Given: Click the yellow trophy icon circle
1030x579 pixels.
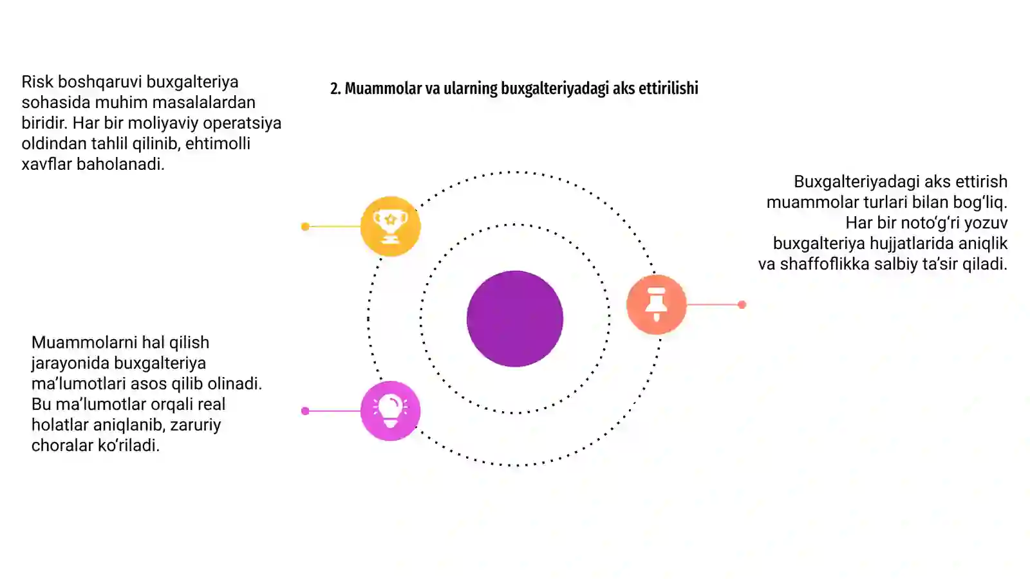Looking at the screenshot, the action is coord(390,226).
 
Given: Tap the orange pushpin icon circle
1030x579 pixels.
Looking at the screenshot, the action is coord(656,304).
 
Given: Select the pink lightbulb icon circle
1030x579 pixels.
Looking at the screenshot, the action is coord(390,411).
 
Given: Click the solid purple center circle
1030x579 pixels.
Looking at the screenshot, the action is coord(515,318).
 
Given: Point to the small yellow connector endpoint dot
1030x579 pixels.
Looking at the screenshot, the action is coord(305,226).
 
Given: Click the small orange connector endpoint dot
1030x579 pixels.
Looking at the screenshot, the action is coord(742,305).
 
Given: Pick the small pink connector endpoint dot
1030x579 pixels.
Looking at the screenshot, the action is coord(305,411).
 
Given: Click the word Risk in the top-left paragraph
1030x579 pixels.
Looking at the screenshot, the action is coord(37,82).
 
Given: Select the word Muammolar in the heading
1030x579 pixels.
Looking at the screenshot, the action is coord(383,88).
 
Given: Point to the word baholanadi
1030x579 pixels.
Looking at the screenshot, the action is coord(120,164).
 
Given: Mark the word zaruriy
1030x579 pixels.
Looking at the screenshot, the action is coord(196,425).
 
